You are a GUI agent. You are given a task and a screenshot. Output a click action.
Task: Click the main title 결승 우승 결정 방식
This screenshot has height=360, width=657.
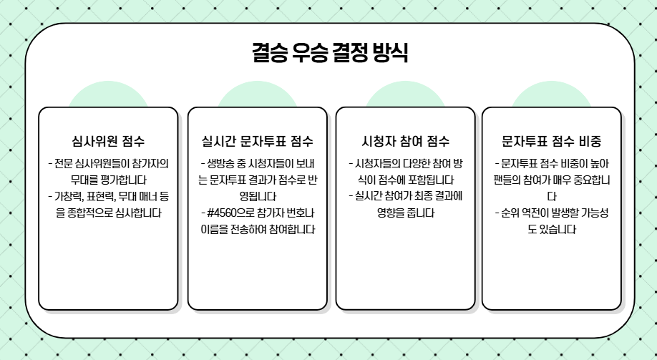[330, 52]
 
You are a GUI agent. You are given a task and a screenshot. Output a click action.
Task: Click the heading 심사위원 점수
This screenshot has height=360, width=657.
[108, 140]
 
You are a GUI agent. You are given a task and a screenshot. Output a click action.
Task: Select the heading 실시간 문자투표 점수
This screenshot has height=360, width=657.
[257, 140]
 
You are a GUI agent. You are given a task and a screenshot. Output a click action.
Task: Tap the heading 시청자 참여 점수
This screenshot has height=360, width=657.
[405, 140]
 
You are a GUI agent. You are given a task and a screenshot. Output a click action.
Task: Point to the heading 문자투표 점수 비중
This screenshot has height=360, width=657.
[551, 140]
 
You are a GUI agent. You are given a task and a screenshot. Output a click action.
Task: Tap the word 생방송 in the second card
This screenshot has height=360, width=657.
[223, 162]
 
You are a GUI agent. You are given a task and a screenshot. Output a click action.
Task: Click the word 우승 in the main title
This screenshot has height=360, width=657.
[310, 52]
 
